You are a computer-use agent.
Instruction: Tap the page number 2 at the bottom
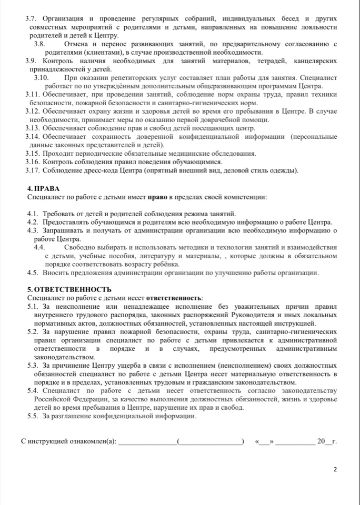tap(335, 469)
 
